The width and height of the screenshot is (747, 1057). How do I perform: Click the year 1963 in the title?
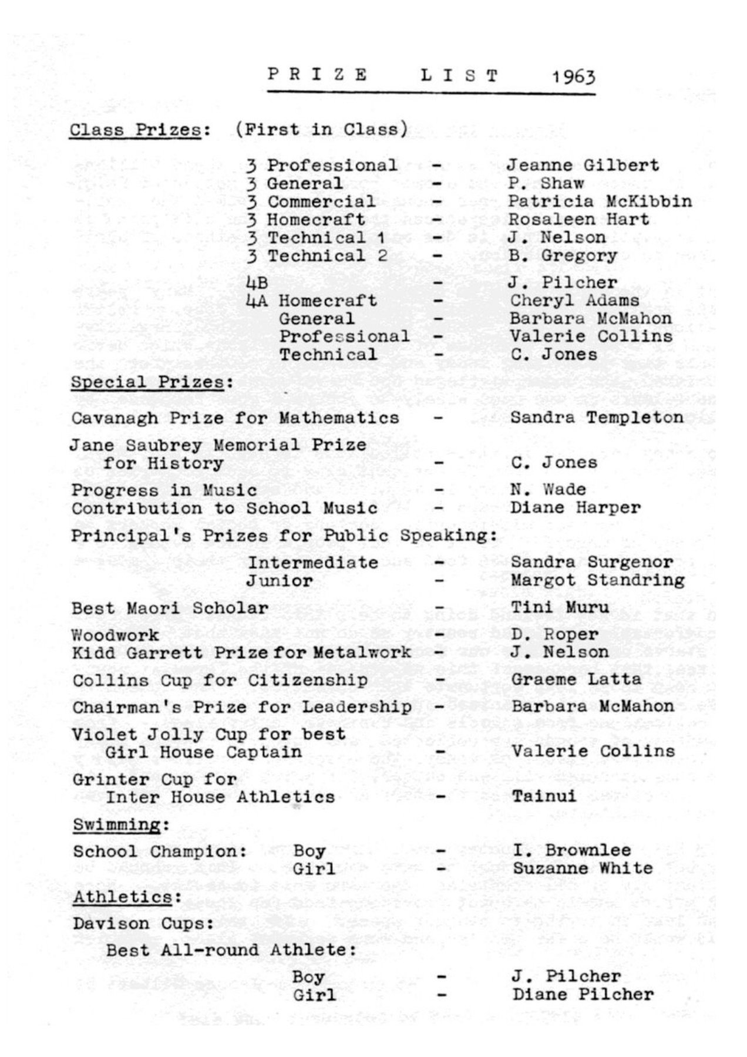(x=573, y=77)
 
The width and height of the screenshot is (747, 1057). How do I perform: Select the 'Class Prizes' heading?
(x=136, y=130)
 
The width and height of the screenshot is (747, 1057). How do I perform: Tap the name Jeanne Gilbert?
(x=583, y=166)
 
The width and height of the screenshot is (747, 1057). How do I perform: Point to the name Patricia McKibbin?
(x=600, y=201)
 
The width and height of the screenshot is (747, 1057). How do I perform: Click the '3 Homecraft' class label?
(x=306, y=220)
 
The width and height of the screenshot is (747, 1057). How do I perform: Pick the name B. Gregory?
(x=563, y=256)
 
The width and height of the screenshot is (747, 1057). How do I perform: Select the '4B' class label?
(x=257, y=283)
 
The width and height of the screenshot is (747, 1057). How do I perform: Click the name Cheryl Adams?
(x=574, y=301)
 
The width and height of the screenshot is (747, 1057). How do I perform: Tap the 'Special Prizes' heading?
(x=147, y=382)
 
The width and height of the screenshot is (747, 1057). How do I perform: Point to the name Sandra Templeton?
(x=597, y=418)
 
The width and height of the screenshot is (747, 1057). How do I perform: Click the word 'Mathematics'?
(x=339, y=418)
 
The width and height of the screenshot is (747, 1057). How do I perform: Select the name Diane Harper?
(x=576, y=507)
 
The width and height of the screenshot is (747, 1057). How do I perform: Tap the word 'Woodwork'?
(x=115, y=635)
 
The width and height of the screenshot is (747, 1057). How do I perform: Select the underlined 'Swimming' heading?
(x=117, y=825)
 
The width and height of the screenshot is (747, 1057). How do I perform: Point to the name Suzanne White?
(x=583, y=868)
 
